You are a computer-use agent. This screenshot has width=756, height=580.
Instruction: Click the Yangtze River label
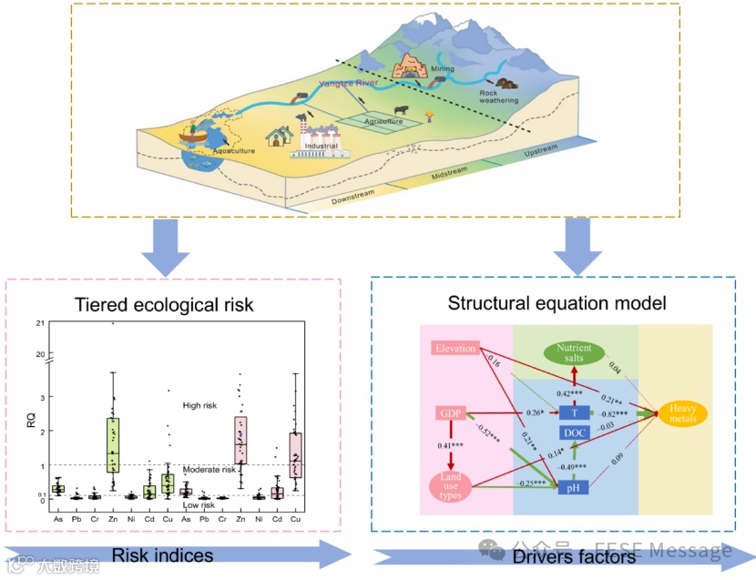pos(347,83)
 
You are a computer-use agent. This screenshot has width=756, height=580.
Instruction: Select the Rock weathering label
pos(498,96)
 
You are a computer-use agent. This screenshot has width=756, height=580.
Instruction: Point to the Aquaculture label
pos(233,150)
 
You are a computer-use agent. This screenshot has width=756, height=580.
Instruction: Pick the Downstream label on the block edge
pos(353,198)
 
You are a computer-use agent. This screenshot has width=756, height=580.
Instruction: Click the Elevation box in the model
pos(455,349)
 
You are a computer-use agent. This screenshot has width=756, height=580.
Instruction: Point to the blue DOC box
pos(574,432)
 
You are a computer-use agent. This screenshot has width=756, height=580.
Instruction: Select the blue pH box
pos(574,488)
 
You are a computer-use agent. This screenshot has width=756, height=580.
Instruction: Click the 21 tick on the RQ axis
pos(39,324)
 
